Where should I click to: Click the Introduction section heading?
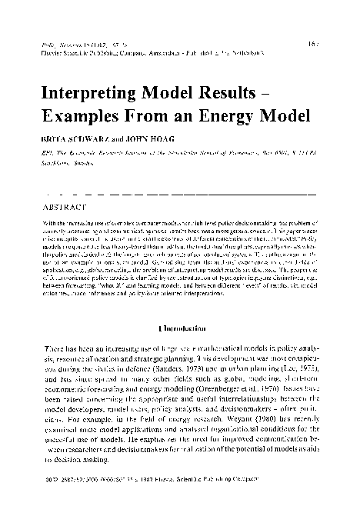[x=182, y=305]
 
